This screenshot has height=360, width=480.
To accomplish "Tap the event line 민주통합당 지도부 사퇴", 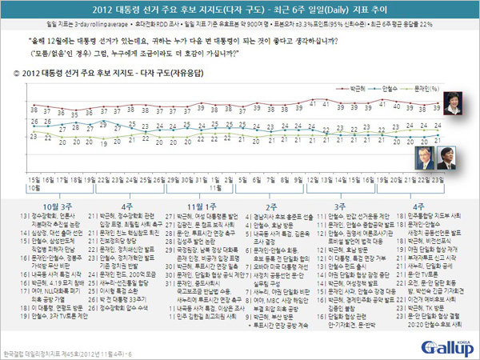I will click(x=435, y=217).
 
